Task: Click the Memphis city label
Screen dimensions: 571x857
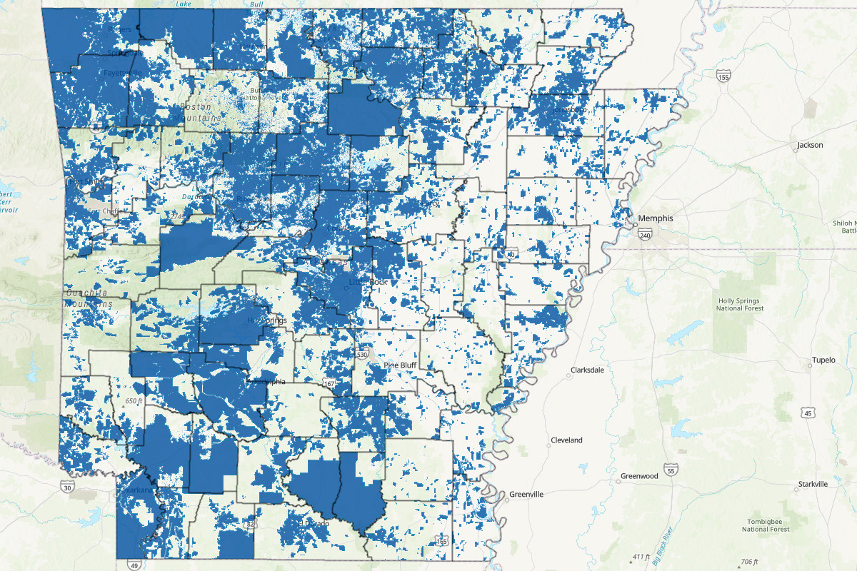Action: click(x=656, y=218)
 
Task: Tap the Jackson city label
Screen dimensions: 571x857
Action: click(x=810, y=145)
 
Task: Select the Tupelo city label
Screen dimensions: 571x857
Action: click(x=823, y=360)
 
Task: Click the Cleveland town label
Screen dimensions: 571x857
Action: click(x=566, y=440)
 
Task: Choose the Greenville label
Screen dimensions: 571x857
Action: click(x=526, y=494)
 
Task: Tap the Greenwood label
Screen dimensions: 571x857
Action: click(x=638, y=475)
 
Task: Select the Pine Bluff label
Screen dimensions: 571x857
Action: click(x=400, y=365)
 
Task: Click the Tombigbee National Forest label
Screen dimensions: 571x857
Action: click(x=766, y=525)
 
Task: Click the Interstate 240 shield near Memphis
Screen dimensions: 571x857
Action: click(x=646, y=235)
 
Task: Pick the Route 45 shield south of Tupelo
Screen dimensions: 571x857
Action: click(x=808, y=413)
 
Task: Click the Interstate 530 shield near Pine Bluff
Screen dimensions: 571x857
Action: click(x=362, y=355)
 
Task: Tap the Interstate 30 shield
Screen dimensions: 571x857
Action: click(x=66, y=487)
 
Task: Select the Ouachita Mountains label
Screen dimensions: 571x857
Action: click(x=89, y=298)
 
